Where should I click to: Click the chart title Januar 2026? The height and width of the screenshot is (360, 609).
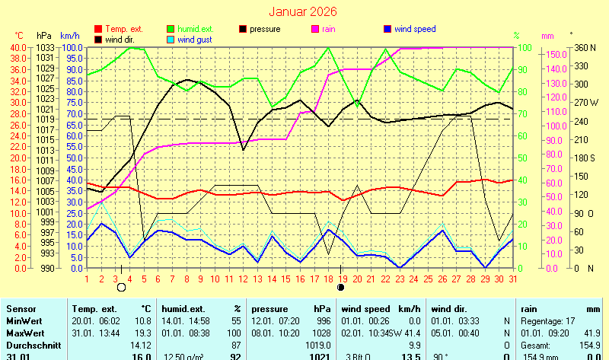(304, 12)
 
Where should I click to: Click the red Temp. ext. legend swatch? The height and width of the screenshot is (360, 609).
(98, 29)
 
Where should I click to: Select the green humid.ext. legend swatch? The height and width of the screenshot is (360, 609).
(171, 29)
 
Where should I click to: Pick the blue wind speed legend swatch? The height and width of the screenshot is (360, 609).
(387, 29)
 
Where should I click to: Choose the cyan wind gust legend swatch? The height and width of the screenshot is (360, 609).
(171, 40)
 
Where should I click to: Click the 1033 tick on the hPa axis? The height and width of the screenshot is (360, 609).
(44, 48)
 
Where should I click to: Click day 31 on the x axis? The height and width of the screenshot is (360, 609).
(512, 279)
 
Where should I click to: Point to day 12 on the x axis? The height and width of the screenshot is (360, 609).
(244, 279)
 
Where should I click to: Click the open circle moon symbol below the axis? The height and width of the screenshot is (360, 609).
(121, 288)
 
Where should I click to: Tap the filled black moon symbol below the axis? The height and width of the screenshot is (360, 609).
(341, 288)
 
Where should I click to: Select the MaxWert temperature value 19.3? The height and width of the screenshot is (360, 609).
(142, 333)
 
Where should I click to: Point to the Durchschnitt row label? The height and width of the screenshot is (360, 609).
(33, 345)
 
